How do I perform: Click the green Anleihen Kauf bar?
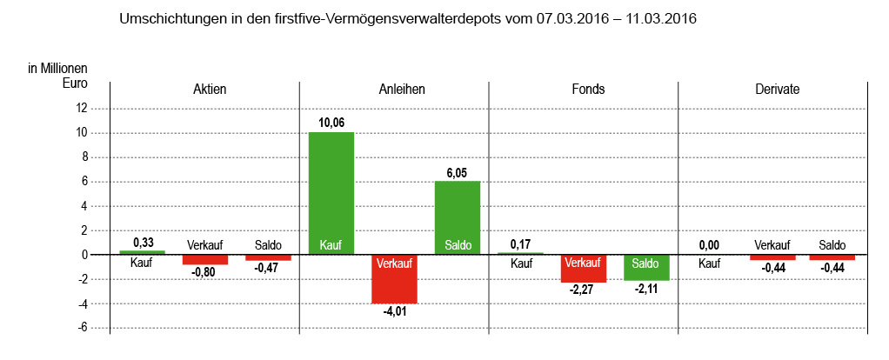point(331,191)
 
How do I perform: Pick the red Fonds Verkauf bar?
point(584,268)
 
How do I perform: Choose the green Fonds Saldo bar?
point(646,267)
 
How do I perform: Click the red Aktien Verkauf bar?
point(205,259)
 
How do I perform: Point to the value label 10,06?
point(331,123)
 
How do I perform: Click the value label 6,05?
point(458,172)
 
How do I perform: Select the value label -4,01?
point(395,311)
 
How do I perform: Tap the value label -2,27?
point(584,290)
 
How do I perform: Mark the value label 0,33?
point(143,242)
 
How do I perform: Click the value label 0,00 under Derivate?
point(710,245)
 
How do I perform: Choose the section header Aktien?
point(205,90)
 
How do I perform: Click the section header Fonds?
point(584,90)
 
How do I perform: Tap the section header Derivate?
point(772,90)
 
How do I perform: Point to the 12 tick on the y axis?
point(83,109)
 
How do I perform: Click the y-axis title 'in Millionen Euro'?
point(58,76)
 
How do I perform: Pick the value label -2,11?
point(646,289)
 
